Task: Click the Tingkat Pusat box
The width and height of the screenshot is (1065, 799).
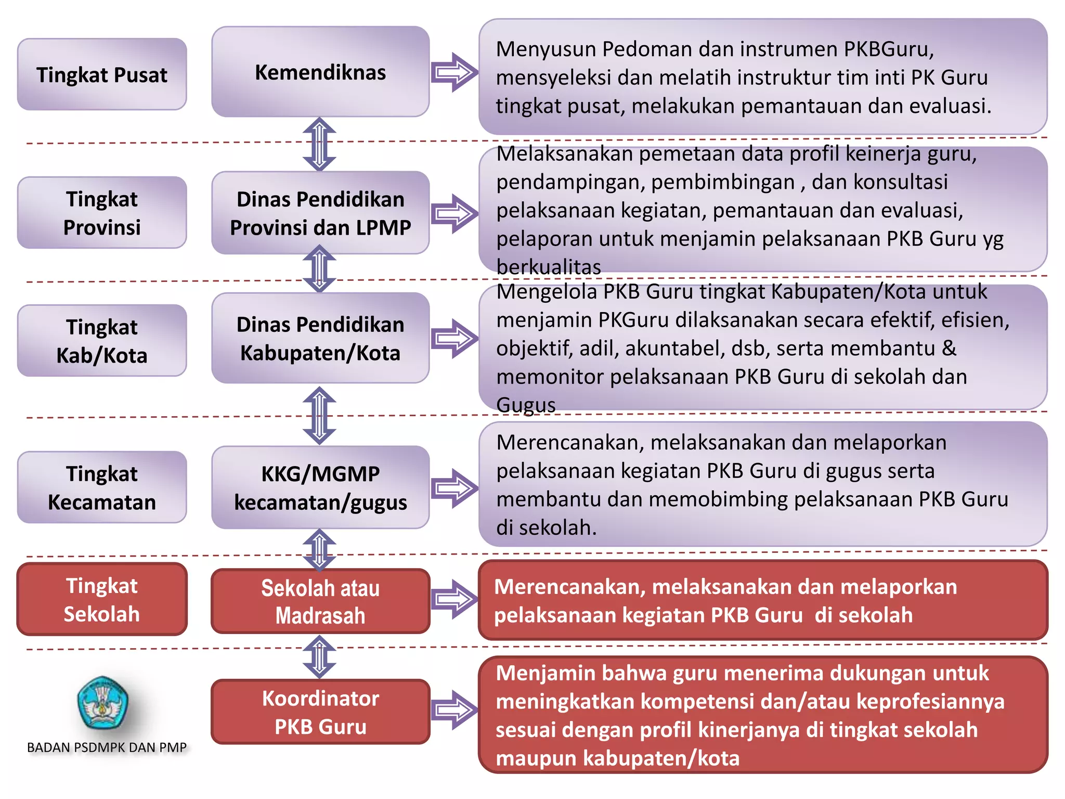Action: click(x=102, y=74)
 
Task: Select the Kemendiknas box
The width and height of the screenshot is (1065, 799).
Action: click(x=320, y=72)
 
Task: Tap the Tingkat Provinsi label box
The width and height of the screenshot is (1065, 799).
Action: click(x=102, y=213)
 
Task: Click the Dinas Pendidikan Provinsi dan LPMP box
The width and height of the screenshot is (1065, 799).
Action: click(x=320, y=213)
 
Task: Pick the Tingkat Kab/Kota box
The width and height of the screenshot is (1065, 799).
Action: click(x=102, y=341)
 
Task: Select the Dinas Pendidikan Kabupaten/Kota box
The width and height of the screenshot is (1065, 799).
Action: click(x=320, y=338)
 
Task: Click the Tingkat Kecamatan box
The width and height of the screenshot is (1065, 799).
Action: click(x=102, y=487)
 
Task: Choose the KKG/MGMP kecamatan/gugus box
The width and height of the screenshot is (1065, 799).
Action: click(x=320, y=487)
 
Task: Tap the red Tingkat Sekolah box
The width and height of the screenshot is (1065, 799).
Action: click(x=102, y=599)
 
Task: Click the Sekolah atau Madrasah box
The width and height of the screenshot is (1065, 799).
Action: click(x=320, y=601)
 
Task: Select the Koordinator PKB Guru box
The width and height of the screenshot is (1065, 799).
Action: click(x=320, y=712)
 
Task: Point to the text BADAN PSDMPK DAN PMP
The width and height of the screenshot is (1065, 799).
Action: click(x=107, y=748)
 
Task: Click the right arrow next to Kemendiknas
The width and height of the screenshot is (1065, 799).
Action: click(x=454, y=72)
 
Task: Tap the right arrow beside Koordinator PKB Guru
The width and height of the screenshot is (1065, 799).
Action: click(x=454, y=710)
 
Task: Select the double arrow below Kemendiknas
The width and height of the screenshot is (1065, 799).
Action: click(x=319, y=144)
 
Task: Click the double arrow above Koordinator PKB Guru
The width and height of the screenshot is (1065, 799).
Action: click(x=319, y=657)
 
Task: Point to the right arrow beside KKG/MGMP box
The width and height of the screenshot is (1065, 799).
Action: click(x=454, y=488)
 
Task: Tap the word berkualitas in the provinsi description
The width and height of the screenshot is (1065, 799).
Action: click(x=549, y=267)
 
